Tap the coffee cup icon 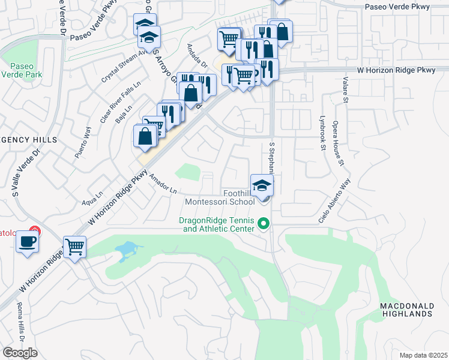tap(28, 242)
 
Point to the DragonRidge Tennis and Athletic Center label tap(217, 224)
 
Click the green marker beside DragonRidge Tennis tap(262, 224)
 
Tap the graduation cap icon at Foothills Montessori tap(262, 185)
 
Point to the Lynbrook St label tap(322, 133)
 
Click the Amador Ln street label tap(163, 184)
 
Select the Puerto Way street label tap(83, 142)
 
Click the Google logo tap(20, 353)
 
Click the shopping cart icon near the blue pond tap(74, 246)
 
